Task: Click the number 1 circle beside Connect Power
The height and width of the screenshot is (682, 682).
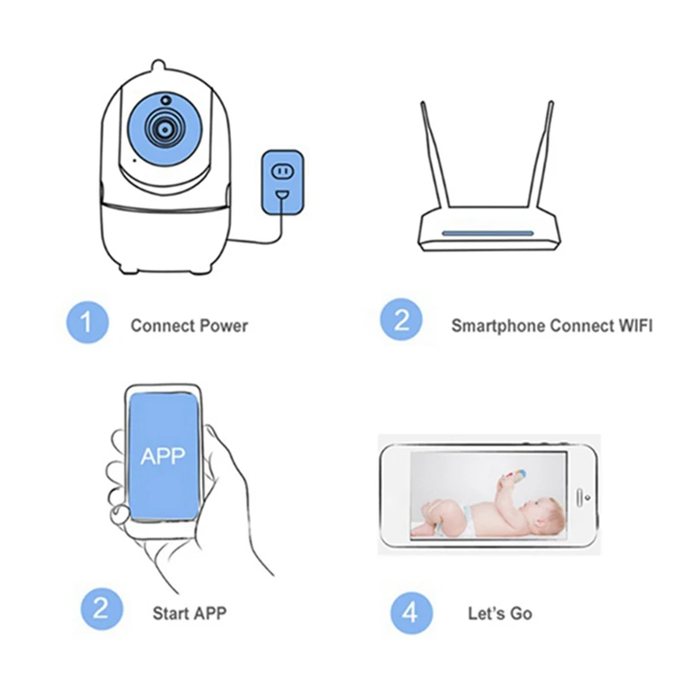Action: [x=88, y=322]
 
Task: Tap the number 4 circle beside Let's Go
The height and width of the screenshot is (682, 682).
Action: [x=411, y=612]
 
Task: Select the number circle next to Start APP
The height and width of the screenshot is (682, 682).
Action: [x=101, y=609]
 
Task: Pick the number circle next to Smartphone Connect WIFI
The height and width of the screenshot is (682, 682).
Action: [x=401, y=320]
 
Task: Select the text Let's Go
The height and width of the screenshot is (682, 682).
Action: [x=500, y=613]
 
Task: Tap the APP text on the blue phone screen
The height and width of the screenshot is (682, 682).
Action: [x=163, y=456]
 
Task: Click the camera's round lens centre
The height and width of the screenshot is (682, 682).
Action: [x=164, y=130]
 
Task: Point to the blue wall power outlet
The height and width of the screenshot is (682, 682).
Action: [x=282, y=182]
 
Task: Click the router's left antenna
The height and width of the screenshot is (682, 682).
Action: [x=434, y=154]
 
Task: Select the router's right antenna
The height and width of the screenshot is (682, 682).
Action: [x=540, y=154]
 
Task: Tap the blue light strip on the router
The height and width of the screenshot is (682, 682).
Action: [x=487, y=234]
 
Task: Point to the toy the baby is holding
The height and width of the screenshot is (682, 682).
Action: [x=515, y=474]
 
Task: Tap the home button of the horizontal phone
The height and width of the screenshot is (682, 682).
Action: [x=581, y=497]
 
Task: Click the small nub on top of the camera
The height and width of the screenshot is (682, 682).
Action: [x=159, y=66]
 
